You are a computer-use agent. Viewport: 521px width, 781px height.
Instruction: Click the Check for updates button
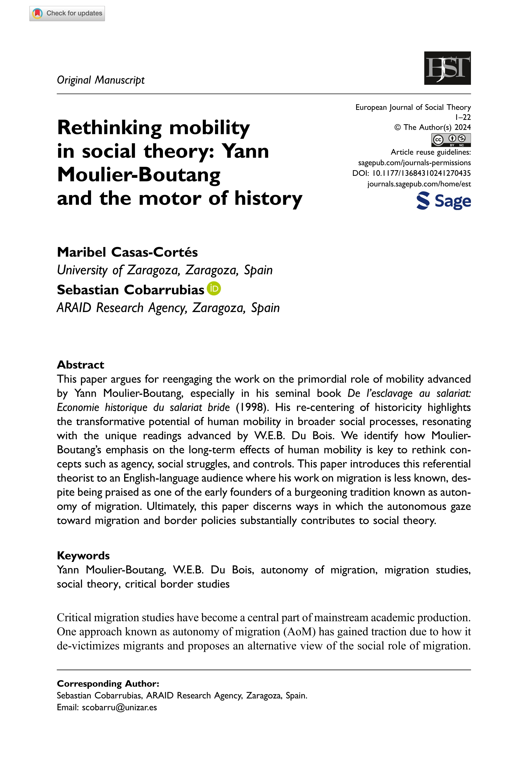click(x=67, y=14)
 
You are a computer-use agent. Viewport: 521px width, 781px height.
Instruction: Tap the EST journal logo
click(x=447, y=68)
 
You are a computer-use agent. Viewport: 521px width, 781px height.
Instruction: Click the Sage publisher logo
click(x=444, y=201)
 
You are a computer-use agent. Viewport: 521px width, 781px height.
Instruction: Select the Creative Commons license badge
click(x=451, y=140)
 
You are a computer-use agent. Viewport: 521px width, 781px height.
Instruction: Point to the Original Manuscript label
click(x=101, y=80)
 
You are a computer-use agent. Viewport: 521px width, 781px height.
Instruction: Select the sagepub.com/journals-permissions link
click(x=414, y=163)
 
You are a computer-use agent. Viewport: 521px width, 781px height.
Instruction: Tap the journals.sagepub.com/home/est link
click(x=419, y=184)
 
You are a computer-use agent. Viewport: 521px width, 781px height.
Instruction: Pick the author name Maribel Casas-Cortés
click(x=127, y=252)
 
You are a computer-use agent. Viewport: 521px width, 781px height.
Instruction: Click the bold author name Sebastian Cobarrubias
click(x=131, y=290)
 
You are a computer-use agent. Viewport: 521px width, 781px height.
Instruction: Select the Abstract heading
click(x=80, y=365)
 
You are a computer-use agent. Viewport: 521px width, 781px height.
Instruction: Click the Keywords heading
click(x=83, y=555)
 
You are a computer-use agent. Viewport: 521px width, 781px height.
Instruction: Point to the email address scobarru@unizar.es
click(x=119, y=707)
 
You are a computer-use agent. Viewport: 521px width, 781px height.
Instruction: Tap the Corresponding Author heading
click(x=108, y=684)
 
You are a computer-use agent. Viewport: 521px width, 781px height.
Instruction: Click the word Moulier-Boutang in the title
click(x=139, y=175)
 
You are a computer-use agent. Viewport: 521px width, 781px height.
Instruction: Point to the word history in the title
click(x=268, y=198)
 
